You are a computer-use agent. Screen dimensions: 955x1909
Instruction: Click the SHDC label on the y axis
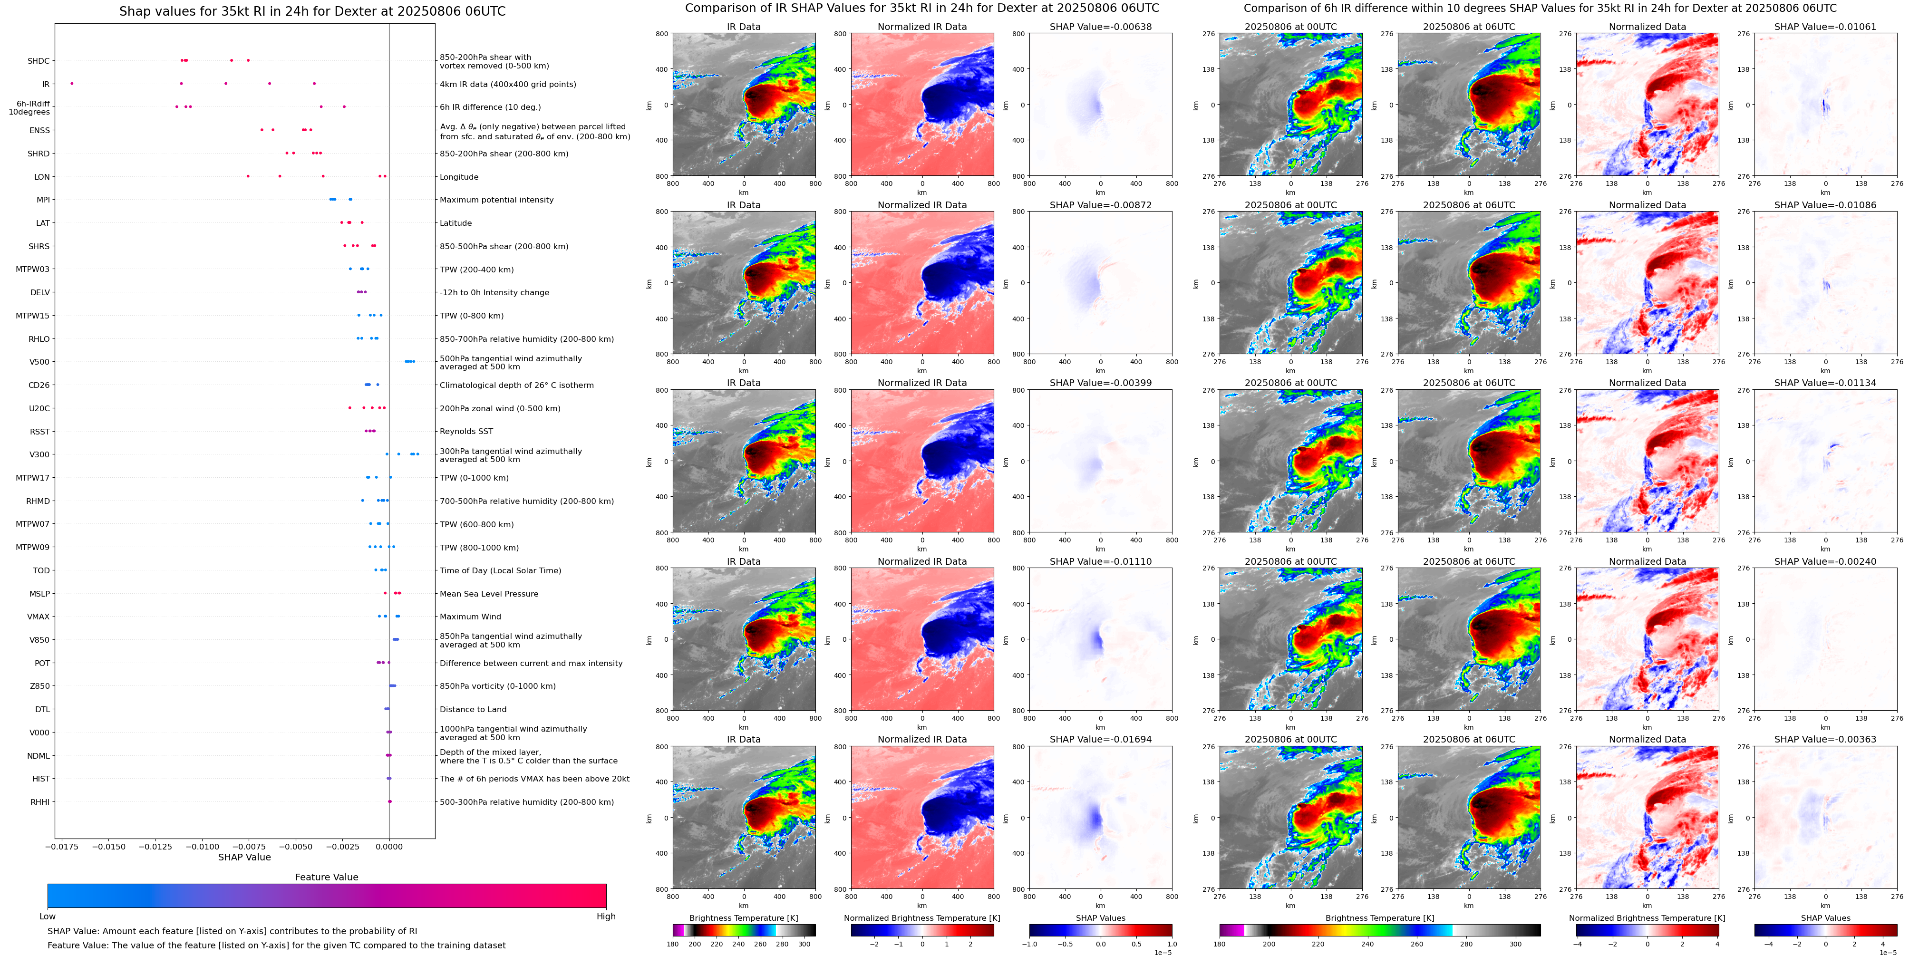(39, 61)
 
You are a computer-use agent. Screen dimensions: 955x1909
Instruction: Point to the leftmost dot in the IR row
(72, 84)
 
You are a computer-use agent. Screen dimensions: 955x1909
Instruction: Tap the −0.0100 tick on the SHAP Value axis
(203, 846)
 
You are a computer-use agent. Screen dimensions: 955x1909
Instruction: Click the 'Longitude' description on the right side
(459, 177)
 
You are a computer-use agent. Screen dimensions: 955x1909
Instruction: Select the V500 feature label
(40, 362)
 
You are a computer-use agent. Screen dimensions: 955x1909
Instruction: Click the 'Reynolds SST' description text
(466, 431)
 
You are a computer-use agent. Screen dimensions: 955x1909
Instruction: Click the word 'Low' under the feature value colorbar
(48, 916)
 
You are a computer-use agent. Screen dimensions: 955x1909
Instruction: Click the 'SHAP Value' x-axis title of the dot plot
(244, 857)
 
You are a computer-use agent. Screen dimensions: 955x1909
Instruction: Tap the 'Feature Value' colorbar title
(326, 877)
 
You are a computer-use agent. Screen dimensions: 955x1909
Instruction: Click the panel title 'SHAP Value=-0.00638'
(1101, 27)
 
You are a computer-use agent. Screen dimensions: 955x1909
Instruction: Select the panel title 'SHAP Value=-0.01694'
(1101, 739)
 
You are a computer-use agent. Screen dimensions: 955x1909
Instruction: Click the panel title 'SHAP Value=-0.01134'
(1825, 383)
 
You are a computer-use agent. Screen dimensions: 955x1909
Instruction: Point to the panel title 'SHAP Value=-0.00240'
(1825, 561)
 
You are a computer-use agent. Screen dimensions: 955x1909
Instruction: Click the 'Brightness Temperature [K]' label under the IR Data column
(743, 918)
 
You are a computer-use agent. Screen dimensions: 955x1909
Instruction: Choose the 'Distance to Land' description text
(473, 710)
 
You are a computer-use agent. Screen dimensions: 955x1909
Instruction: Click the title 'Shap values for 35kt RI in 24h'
(312, 12)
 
